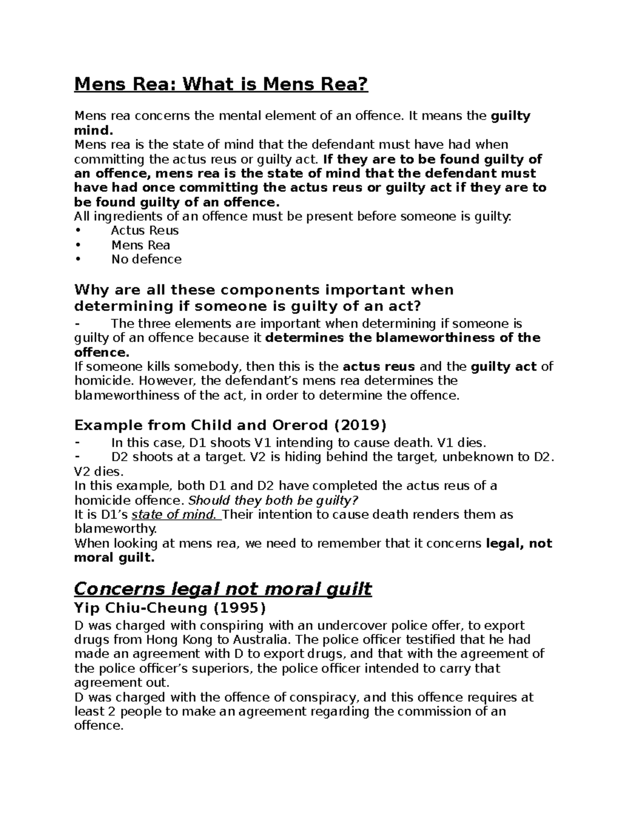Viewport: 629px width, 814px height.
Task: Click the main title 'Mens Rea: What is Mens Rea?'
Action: pos(221,84)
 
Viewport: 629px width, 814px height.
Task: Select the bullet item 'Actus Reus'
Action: pos(145,231)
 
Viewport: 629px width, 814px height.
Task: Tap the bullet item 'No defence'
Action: pos(146,259)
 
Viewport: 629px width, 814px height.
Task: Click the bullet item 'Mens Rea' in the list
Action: pos(140,245)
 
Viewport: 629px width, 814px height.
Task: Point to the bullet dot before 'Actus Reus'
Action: pos(78,231)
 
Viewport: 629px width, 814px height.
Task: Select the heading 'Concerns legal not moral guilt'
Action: pos(223,589)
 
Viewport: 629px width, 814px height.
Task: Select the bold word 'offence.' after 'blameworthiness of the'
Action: pos(101,352)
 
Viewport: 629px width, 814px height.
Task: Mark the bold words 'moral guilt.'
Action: pos(115,558)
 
